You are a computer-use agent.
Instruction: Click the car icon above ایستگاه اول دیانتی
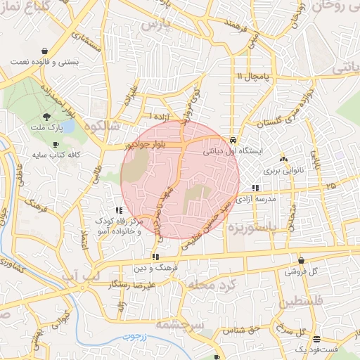[x=233, y=139]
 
